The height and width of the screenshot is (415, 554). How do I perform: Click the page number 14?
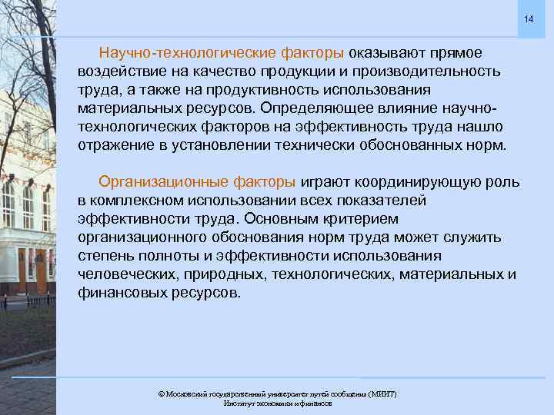coord(529,18)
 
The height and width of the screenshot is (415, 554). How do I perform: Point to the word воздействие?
coord(117,71)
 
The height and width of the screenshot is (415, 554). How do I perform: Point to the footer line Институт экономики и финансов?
coord(278,403)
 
